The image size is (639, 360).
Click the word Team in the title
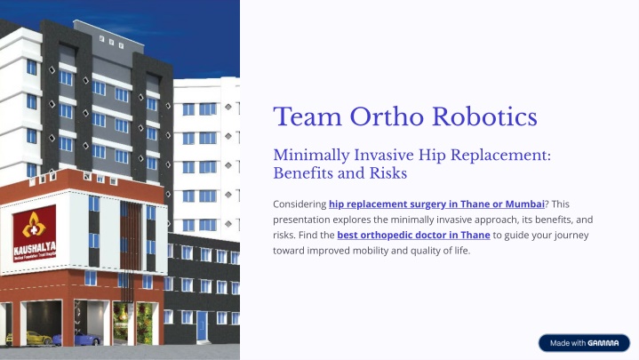pos(308,117)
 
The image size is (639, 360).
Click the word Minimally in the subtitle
pos(311,156)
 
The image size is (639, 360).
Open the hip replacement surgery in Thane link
pos(436,204)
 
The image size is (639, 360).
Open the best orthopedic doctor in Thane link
pos(413,236)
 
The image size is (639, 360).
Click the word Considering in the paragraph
pos(300,204)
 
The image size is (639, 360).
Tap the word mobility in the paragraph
pos(371,251)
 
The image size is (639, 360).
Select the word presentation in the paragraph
pos(301,220)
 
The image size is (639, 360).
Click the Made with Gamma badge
pos(584,343)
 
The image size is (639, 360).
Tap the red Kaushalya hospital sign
pos(35,233)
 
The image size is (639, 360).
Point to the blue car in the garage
pos(76,340)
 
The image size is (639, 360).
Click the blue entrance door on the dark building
pos(202,325)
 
